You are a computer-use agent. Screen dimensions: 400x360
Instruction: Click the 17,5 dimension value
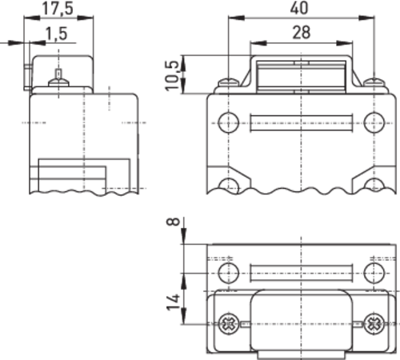pos(58,8)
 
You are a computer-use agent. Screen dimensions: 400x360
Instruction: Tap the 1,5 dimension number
pos(56,34)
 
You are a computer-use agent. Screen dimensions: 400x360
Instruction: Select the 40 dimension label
pos(299,8)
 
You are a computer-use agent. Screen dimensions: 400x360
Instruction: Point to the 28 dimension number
pos(302,33)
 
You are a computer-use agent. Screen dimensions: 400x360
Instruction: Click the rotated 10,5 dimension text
pos(171,76)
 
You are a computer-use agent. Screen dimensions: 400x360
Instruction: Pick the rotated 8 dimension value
pos(173,222)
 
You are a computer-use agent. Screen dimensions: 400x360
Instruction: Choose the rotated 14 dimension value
pos(173,302)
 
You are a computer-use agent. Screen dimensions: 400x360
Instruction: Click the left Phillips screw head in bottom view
pos(229,324)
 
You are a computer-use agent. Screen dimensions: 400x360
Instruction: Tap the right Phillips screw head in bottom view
pos(374,324)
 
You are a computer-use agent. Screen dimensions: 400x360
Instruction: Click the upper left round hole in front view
pos(228,122)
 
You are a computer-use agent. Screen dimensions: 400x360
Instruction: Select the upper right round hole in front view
pos(374,122)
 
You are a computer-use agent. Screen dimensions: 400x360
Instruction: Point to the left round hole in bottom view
pos(228,273)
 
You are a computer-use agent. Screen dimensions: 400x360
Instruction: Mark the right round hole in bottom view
pos(374,273)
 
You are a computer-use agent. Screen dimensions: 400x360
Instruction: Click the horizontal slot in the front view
pos(302,123)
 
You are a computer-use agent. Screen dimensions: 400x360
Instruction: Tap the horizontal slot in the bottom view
pos(302,273)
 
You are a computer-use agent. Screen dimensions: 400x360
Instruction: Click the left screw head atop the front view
pos(228,82)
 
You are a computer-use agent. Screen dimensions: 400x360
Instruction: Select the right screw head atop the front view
pos(374,82)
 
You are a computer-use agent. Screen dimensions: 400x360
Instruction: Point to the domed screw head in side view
pos(58,82)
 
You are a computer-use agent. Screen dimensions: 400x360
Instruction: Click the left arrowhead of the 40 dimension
pos(236,18)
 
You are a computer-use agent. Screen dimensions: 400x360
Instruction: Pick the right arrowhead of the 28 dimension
pos(345,43)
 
